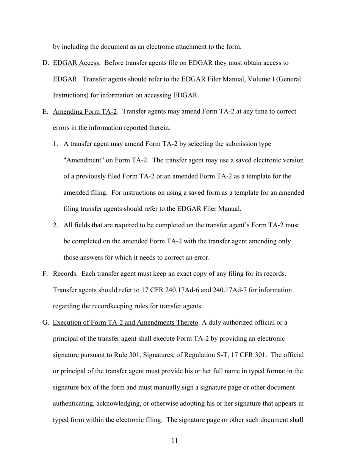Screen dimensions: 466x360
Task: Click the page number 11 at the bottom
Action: point(174,441)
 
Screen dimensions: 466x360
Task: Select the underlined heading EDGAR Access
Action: point(76,63)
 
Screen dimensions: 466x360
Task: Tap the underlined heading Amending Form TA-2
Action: point(85,112)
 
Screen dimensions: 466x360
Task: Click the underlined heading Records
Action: point(64,274)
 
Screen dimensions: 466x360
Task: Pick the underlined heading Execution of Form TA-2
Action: point(125,322)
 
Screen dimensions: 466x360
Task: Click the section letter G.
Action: point(45,322)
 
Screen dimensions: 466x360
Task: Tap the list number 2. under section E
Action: point(55,225)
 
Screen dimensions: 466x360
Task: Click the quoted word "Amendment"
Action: point(83,160)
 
